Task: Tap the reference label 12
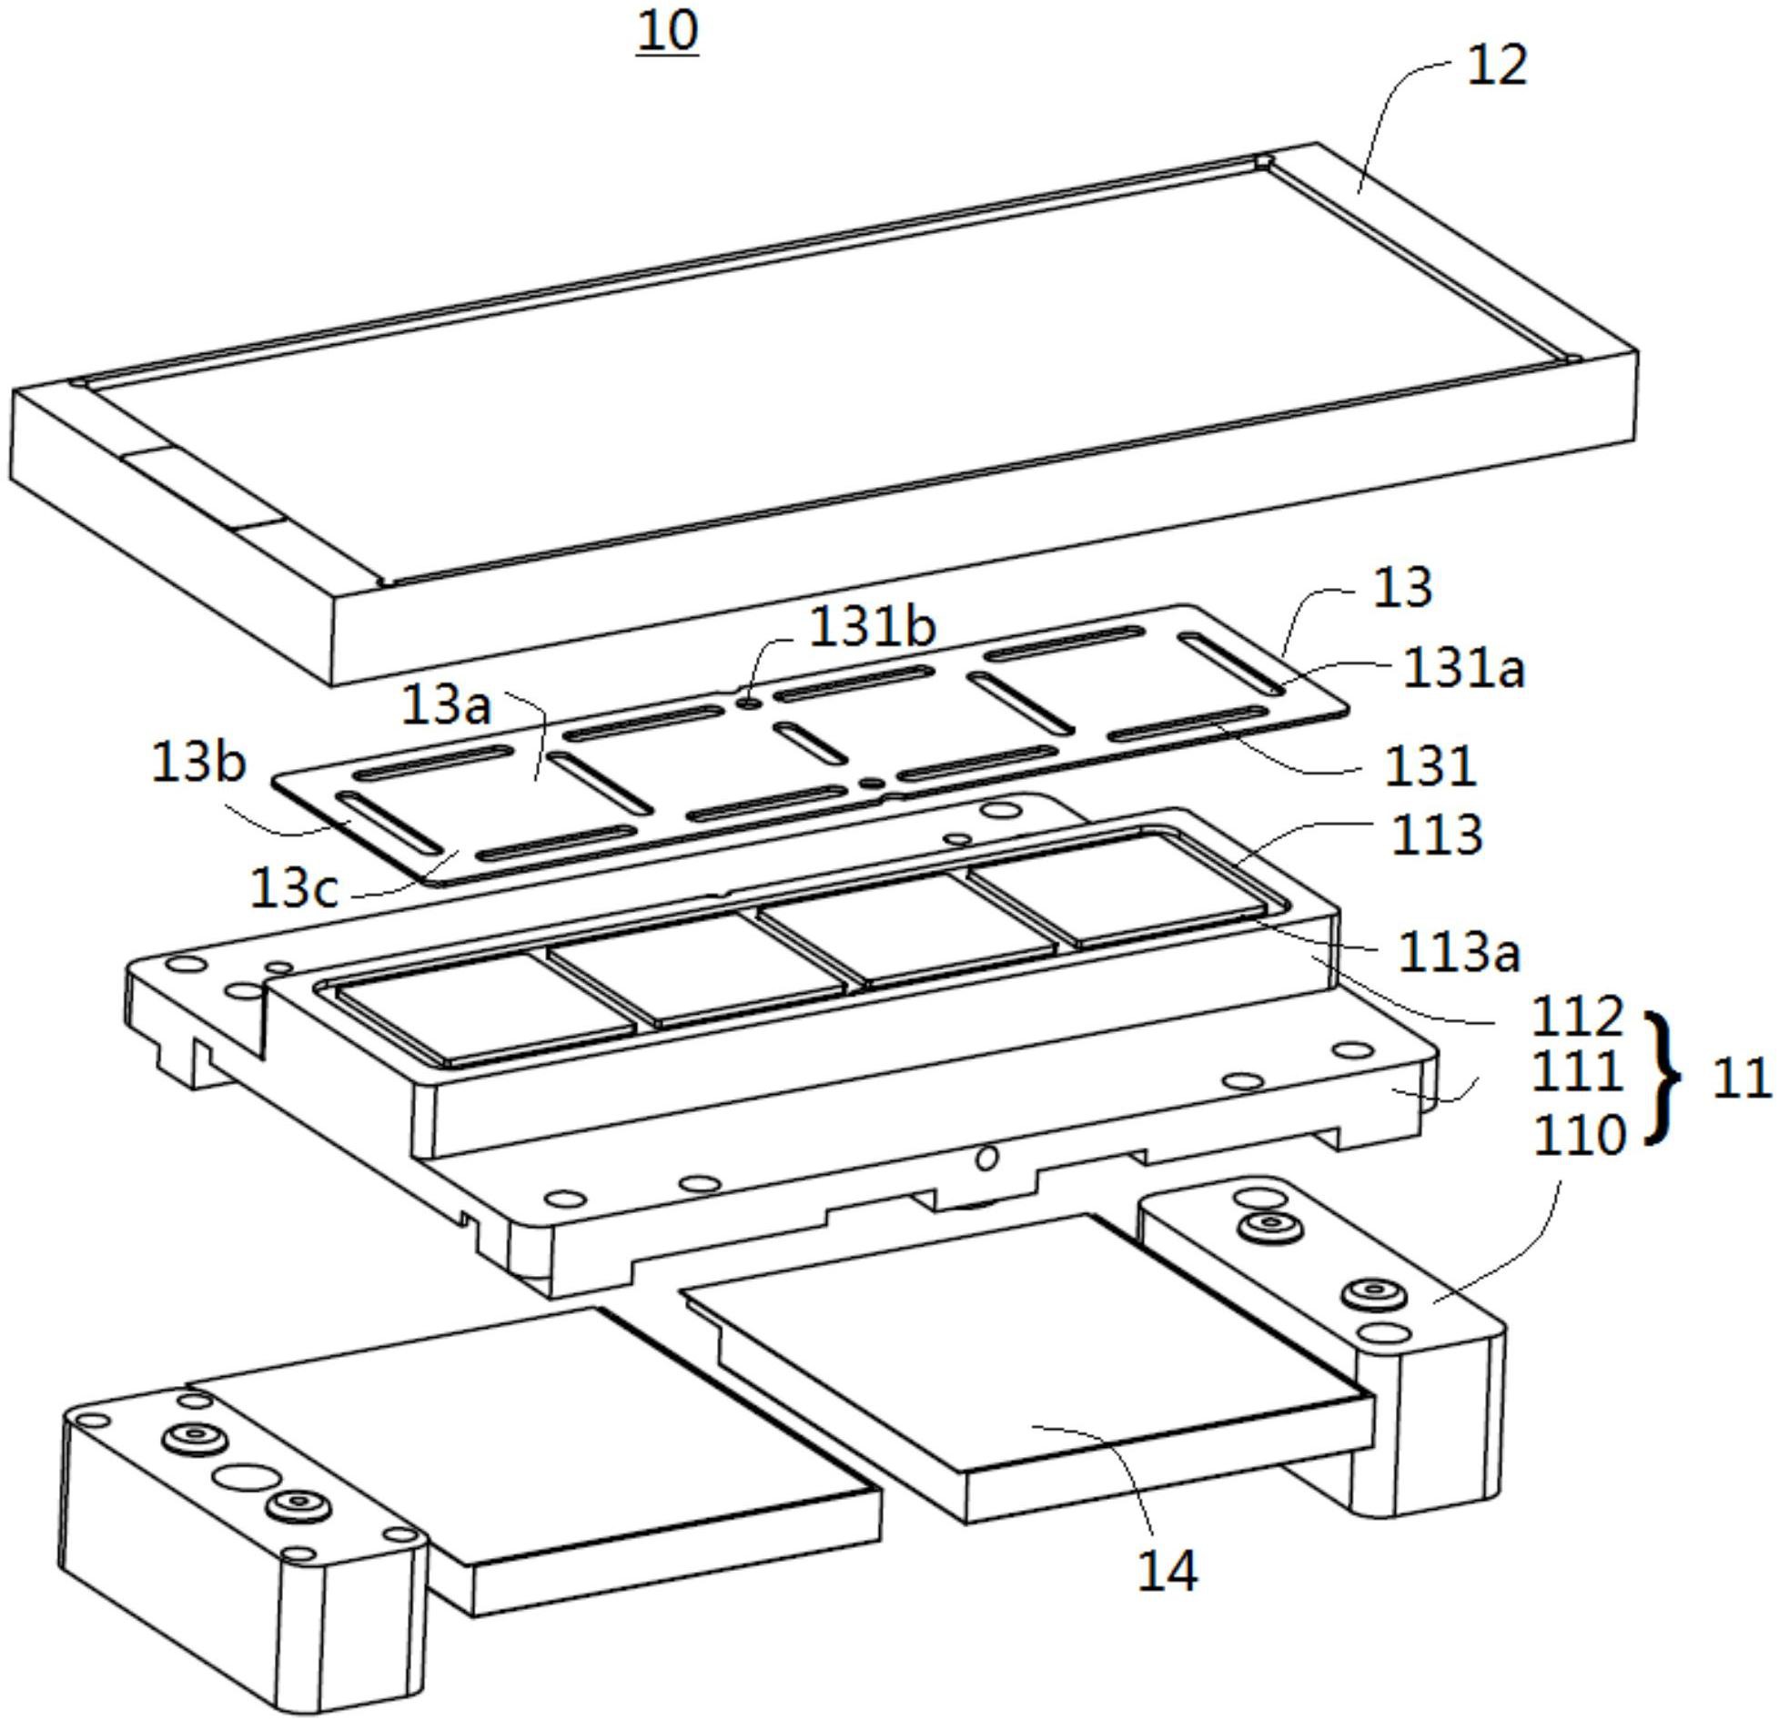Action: click(x=1497, y=66)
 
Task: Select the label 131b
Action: click(x=873, y=627)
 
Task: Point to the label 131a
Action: click(x=1463, y=669)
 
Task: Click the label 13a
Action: click(x=446, y=705)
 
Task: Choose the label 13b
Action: click(x=198, y=763)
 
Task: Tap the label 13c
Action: click(x=293, y=888)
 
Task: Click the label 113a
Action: click(x=1459, y=953)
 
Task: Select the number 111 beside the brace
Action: click(x=1577, y=1072)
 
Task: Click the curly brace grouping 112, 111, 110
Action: click(x=1664, y=1076)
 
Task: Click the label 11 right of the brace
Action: click(x=1741, y=1079)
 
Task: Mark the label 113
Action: click(x=1437, y=835)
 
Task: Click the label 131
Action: click(x=1430, y=765)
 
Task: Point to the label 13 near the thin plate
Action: click(x=1402, y=588)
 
